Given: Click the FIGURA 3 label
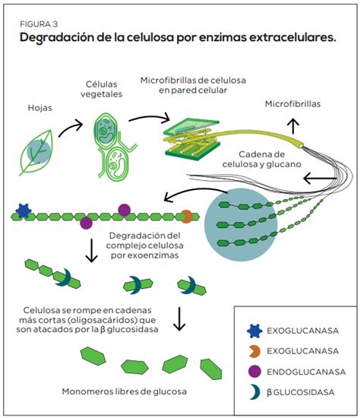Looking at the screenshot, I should (x=38, y=22).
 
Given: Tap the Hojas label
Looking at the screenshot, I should (x=40, y=108).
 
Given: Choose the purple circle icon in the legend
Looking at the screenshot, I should (x=252, y=372).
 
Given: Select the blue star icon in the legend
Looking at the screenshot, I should (x=252, y=331).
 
